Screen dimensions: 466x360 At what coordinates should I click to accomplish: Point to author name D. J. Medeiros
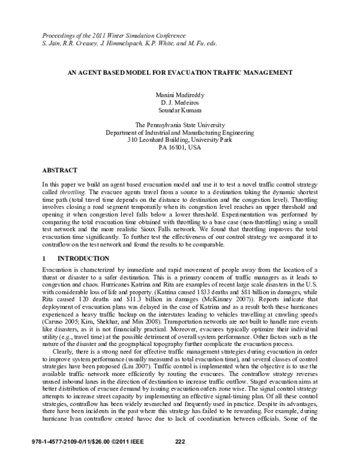180,104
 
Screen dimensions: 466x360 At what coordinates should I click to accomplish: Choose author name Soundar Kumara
180,111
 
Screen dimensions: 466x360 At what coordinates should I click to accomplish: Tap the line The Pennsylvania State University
180,125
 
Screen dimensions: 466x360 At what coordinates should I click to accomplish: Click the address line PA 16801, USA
180,147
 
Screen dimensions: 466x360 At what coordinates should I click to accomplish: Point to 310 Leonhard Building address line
180,139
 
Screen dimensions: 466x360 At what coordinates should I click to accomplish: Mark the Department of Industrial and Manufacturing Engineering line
180,132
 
